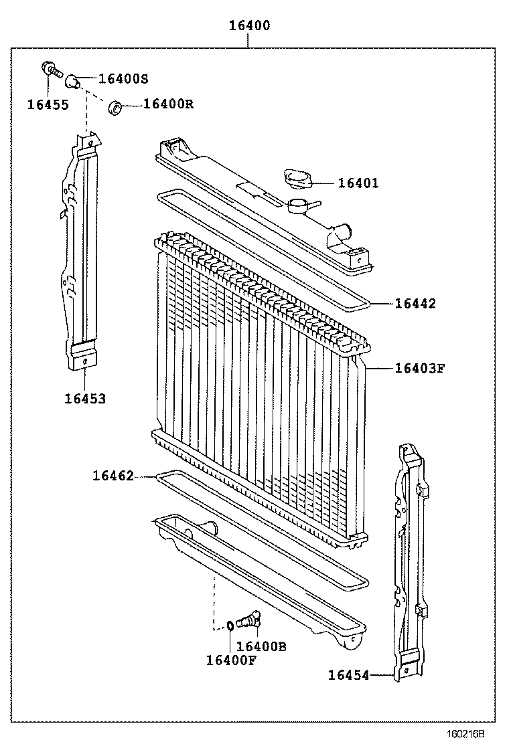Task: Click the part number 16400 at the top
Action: tap(249, 26)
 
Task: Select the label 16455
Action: tap(48, 104)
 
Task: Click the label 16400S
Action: tap(123, 78)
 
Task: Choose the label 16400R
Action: tap(168, 104)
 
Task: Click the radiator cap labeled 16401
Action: tap(295, 179)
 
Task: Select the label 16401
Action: tap(358, 183)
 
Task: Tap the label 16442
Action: tap(415, 304)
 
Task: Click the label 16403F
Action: tap(419, 367)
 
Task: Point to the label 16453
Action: tap(85, 399)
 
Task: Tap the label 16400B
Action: tap(261, 646)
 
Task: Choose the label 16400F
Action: tap(230, 660)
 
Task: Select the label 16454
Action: tap(348, 675)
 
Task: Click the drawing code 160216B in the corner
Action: tap(465, 734)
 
